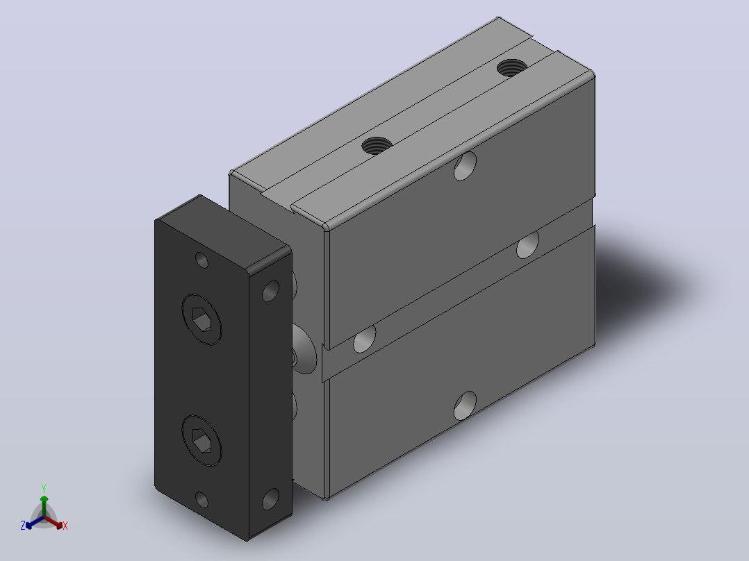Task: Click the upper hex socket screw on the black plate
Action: (201, 319)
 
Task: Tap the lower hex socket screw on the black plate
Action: (201, 440)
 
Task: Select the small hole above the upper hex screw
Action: (202, 260)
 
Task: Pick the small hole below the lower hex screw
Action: (202, 500)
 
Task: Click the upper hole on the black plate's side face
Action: (271, 291)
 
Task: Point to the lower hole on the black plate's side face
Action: (271, 499)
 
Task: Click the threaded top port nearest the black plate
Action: (377, 145)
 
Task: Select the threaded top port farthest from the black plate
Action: (512, 67)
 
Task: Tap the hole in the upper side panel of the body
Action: (465, 166)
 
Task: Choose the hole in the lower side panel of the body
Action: (465, 406)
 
